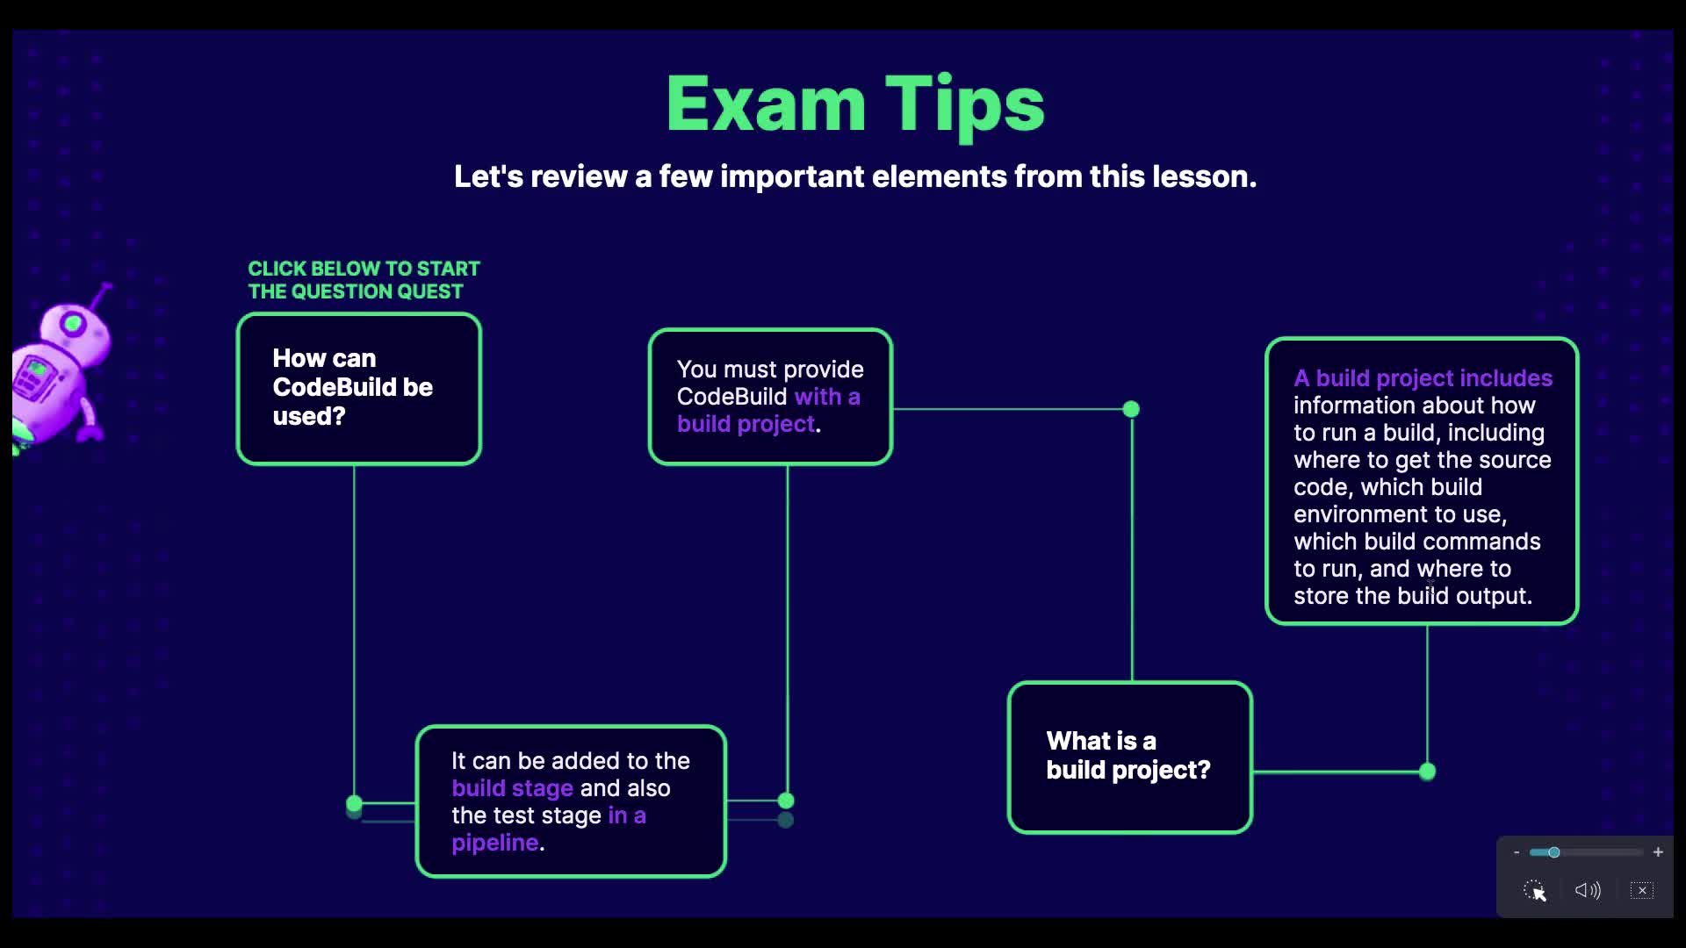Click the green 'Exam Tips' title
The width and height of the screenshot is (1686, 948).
point(855,105)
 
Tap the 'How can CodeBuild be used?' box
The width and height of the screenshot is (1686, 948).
point(359,389)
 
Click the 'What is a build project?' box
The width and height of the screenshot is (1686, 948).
point(1130,757)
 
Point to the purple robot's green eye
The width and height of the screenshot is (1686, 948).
point(73,325)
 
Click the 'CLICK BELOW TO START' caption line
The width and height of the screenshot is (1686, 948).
point(364,269)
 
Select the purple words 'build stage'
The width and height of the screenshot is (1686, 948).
point(512,788)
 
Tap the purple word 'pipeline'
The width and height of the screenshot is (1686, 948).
point(495,843)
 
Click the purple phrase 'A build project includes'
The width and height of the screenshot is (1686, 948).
point(1423,378)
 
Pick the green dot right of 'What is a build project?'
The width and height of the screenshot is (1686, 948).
point(1427,772)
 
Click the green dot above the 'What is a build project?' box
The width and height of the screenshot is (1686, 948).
point(1131,409)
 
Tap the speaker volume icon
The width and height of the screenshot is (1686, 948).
point(1588,890)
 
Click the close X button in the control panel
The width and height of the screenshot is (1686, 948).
point(1642,890)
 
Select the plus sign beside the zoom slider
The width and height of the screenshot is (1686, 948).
point(1658,852)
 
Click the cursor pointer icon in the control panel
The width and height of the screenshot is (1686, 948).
point(1535,891)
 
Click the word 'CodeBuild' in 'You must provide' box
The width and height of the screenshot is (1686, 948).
point(731,397)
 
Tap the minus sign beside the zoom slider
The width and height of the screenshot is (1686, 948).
point(1517,852)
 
